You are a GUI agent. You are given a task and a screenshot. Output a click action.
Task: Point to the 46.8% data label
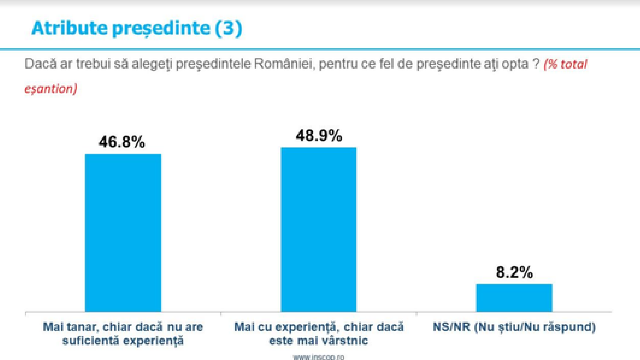[x=122, y=142]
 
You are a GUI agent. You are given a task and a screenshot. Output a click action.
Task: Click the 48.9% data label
[x=319, y=136]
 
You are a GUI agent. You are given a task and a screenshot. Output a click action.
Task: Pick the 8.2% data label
[x=514, y=272]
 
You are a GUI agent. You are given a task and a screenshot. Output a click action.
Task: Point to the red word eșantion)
[x=51, y=89]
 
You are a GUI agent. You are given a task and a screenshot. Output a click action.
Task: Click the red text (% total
[x=565, y=64]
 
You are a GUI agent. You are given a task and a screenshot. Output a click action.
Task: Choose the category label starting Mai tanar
[x=123, y=333]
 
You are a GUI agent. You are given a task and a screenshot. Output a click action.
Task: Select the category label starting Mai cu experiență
[x=319, y=333]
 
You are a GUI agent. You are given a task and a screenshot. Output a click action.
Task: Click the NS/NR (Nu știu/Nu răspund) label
[x=514, y=327]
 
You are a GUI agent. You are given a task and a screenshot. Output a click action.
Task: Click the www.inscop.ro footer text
[x=318, y=357]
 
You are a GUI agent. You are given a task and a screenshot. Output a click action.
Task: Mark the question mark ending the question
[x=536, y=63]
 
